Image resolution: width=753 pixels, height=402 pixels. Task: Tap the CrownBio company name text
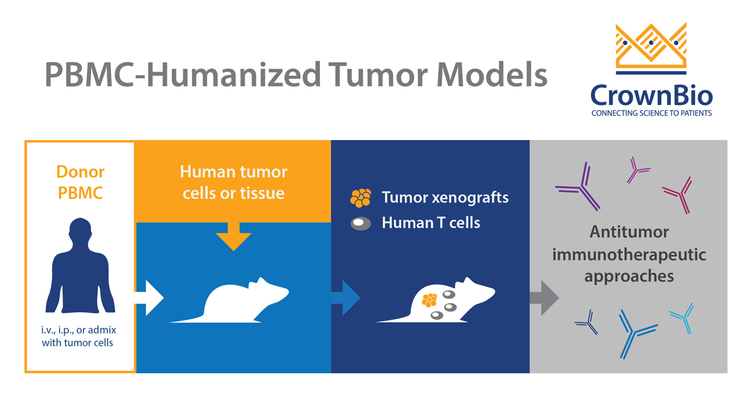651,94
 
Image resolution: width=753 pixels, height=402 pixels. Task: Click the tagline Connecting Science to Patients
651,114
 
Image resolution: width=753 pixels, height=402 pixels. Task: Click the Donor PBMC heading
80,182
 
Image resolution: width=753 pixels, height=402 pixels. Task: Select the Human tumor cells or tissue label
233,182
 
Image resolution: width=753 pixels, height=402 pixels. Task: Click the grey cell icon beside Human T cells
361,223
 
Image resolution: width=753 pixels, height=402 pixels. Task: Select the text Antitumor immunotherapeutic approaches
629,254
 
